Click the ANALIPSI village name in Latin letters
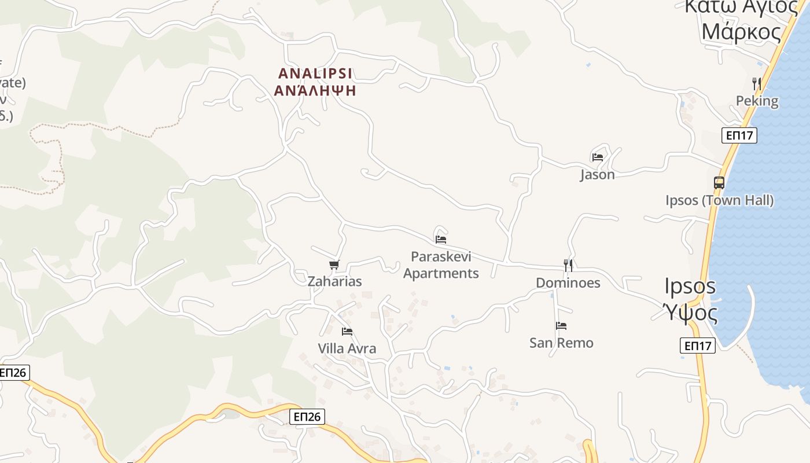(x=315, y=74)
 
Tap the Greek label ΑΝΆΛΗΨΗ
(x=315, y=91)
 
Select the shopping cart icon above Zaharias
(x=334, y=265)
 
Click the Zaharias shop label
(x=334, y=282)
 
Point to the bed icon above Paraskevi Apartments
(x=441, y=239)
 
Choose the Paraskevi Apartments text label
(x=441, y=265)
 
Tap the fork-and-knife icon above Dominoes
(x=568, y=266)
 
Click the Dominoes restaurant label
(x=568, y=283)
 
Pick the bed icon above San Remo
(x=561, y=326)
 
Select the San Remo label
(x=561, y=343)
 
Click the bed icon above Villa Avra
(x=347, y=332)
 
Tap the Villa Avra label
(x=347, y=349)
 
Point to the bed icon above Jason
(x=598, y=157)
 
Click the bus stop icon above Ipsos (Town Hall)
(x=719, y=183)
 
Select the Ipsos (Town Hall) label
(x=719, y=201)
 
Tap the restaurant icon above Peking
(x=756, y=84)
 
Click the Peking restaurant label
(x=757, y=101)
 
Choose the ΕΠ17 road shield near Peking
(x=739, y=135)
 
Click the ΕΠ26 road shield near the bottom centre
(x=307, y=417)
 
